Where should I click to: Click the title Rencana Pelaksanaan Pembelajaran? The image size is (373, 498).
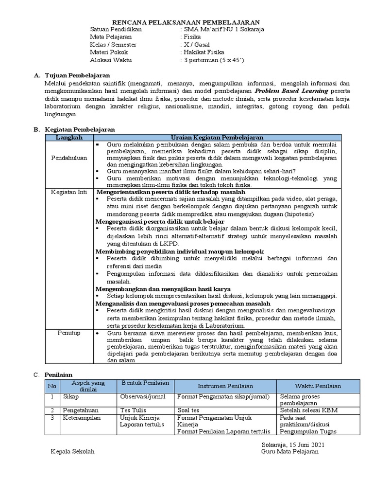point(186,22)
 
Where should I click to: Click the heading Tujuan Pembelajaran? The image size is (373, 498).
point(77,75)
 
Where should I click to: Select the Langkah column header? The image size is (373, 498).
point(69,138)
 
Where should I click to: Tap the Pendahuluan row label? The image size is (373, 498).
point(69,158)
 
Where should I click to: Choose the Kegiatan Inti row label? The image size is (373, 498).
point(69,192)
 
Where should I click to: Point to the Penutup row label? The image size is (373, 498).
point(69,333)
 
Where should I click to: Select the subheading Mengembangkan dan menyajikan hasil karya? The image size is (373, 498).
point(163,289)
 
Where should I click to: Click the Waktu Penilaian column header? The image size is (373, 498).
point(318,386)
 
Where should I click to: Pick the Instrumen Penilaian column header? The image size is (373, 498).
point(225,386)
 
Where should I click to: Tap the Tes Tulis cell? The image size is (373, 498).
point(134,410)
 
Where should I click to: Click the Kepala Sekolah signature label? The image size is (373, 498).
point(73,451)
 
